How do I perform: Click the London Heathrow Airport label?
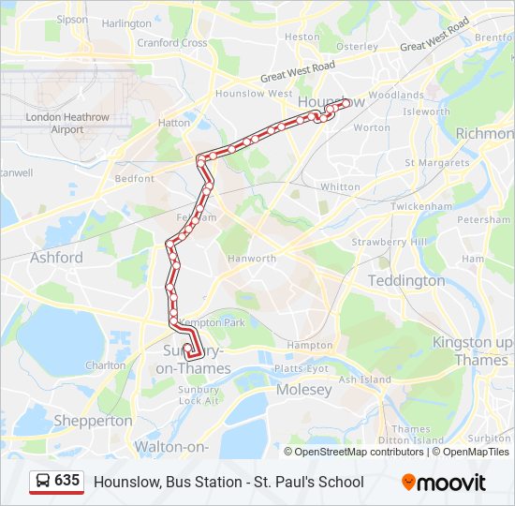(67, 124)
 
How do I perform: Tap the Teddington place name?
(406, 281)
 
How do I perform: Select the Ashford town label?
(56, 257)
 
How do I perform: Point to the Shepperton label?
(93, 421)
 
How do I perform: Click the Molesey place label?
(304, 389)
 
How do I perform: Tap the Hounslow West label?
(254, 94)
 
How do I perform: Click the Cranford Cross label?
(172, 43)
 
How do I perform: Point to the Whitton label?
(340, 186)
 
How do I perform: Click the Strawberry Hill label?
(389, 242)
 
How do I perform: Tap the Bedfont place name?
(134, 178)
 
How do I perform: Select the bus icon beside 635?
(43, 482)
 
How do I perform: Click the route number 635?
(66, 481)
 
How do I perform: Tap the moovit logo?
(444, 483)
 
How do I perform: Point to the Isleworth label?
(427, 112)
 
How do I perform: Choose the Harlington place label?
(125, 23)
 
